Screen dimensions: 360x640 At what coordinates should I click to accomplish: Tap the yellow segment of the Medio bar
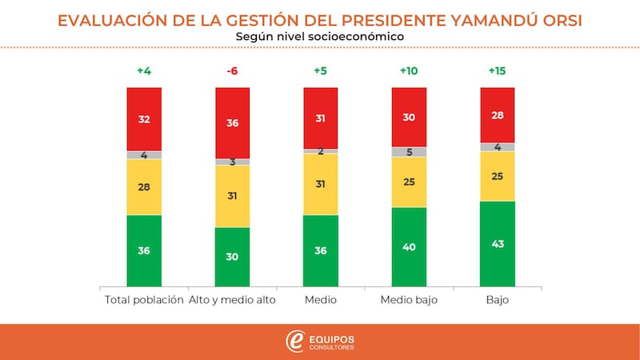320,184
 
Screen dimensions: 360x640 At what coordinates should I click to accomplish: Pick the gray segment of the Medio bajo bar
408,152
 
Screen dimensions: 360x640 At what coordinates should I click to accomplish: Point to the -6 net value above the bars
233,71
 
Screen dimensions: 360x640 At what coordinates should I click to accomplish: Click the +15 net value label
497,71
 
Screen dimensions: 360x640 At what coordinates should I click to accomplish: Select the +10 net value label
408,71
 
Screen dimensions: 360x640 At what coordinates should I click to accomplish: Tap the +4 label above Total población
144,71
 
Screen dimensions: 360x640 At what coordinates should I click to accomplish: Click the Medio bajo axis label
408,300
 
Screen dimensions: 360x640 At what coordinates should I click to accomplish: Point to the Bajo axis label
497,300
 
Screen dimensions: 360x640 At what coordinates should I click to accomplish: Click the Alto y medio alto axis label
233,300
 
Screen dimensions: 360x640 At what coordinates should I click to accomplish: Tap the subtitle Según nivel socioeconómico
320,36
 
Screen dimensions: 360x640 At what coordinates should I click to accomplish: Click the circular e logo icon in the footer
294,342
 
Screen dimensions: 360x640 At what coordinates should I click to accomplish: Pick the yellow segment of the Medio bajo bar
408,182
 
